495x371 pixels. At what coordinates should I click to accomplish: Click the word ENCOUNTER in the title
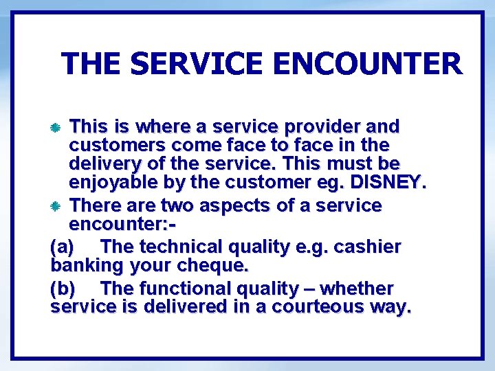367,64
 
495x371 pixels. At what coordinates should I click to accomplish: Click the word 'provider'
317,127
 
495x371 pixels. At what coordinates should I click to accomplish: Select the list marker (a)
64,247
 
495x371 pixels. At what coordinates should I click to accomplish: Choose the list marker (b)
64,289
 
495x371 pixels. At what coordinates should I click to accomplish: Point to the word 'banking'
87,265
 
